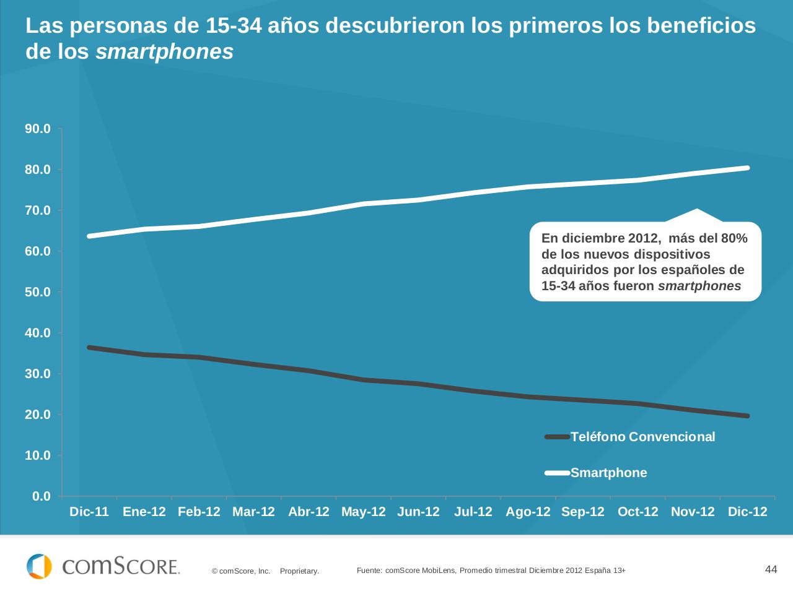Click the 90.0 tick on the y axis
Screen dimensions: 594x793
(38, 129)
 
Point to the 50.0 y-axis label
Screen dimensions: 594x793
(38, 292)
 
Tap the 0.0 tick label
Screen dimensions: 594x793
(41, 496)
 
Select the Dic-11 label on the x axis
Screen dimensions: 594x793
(89, 512)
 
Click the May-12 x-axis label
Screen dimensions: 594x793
(363, 512)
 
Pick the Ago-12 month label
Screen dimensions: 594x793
(528, 512)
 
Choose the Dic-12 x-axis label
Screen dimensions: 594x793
(747, 512)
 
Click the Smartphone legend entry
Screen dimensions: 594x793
(608, 473)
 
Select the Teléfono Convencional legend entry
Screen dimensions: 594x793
(642, 437)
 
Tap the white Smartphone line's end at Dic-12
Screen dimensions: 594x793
(747, 168)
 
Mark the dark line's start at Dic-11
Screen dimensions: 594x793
(90, 348)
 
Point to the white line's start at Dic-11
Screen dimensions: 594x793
(90, 236)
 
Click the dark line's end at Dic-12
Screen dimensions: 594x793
(747, 416)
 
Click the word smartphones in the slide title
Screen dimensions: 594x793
(165, 52)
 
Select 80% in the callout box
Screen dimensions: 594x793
(734, 238)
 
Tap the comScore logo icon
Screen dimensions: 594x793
(39, 566)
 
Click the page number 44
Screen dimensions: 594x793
(771, 569)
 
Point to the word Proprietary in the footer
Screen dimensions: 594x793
(299, 571)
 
